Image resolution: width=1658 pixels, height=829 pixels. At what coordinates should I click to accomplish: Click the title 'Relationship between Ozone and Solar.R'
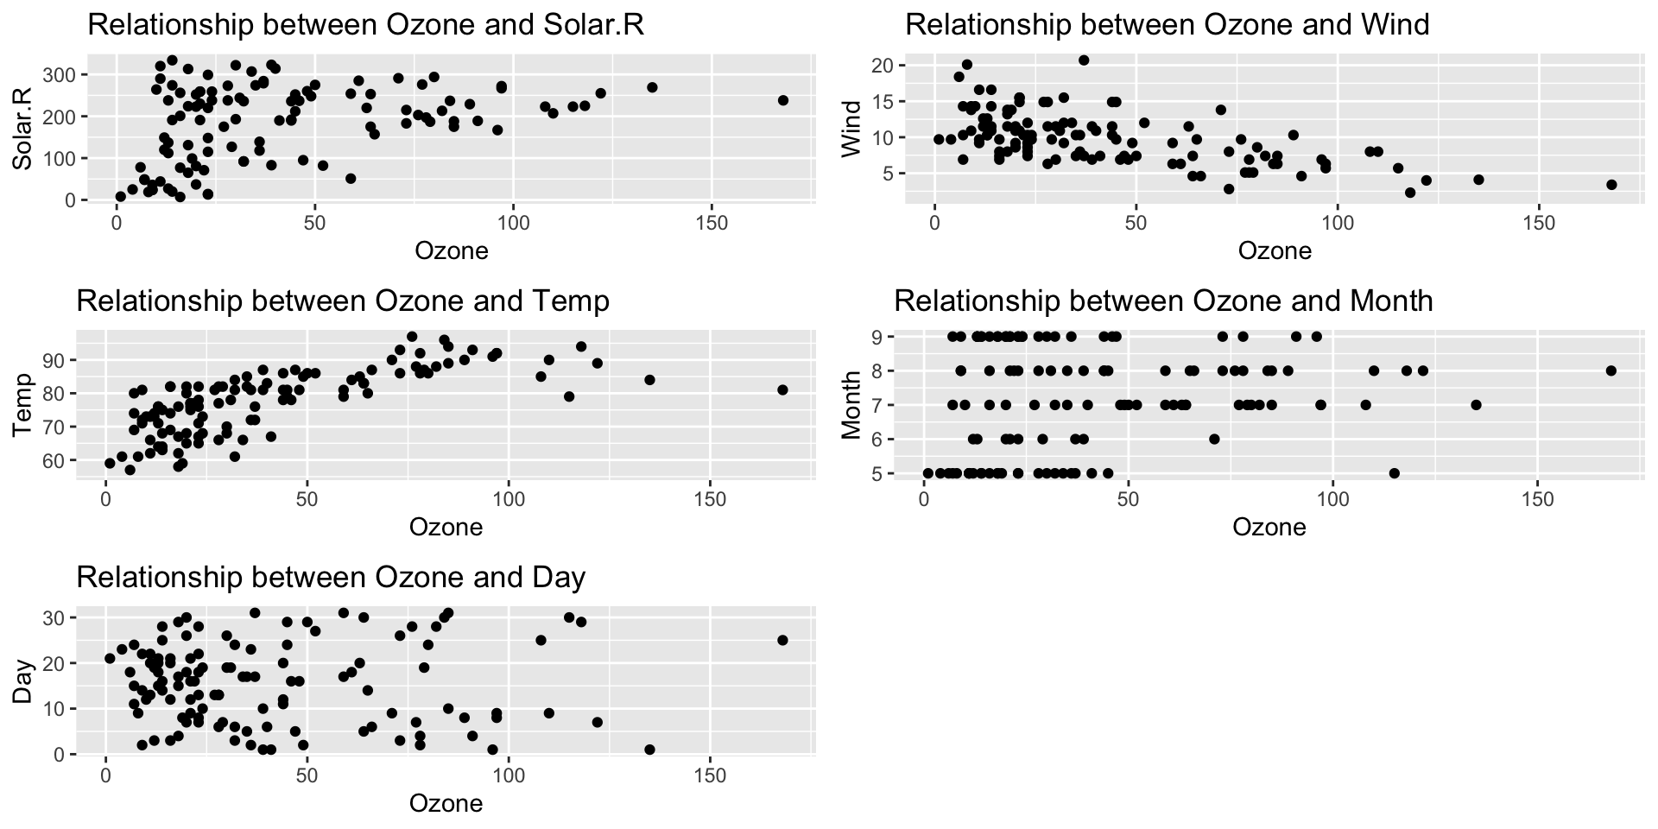tap(366, 26)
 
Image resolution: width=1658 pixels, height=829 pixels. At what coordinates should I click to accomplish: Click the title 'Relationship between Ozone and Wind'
tap(1168, 24)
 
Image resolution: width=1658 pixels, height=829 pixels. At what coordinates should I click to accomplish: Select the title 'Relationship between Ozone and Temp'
tap(343, 301)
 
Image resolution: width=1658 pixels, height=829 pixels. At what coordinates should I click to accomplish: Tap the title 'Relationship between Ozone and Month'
tap(1163, 301)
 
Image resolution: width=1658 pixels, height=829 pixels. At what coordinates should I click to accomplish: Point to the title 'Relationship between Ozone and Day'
tap(331, 577)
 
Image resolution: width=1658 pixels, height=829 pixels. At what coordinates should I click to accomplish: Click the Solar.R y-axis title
tap(22, 128)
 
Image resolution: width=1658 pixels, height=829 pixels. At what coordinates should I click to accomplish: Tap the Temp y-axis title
tap(22, 404)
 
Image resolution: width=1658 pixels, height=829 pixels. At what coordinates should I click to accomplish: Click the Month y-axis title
tap(851, 404)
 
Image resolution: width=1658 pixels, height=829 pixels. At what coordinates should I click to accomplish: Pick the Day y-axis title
tap(22, 681)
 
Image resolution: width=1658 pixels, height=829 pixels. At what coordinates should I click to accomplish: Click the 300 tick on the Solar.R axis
tap(66, 75)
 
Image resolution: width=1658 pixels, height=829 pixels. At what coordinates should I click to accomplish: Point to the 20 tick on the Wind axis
tap(883, 66)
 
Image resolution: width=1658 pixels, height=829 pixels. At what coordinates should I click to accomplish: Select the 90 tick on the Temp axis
tap(60, 359)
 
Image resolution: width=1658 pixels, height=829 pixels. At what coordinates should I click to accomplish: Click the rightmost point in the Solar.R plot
tap(783, 100)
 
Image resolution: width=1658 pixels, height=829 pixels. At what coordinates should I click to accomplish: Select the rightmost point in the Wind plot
tap(1611, 185)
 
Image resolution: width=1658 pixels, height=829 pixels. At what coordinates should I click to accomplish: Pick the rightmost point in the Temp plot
tap(782, 389)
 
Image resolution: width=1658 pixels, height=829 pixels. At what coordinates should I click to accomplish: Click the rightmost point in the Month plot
tap(1611, 370)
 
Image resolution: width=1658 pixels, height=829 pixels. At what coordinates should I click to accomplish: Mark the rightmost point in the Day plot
tap(782, 640)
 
